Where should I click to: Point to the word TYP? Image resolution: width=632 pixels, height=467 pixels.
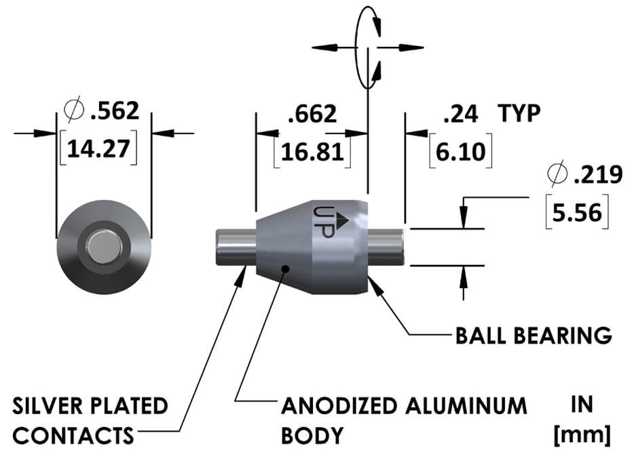519,114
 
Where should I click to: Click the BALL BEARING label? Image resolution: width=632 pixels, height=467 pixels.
534,335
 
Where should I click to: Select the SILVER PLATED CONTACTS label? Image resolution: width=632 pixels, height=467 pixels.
90,420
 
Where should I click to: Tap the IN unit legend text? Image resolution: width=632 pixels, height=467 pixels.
581,405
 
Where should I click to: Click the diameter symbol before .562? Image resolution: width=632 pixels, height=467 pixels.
71,110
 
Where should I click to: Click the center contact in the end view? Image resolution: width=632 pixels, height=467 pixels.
104,247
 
